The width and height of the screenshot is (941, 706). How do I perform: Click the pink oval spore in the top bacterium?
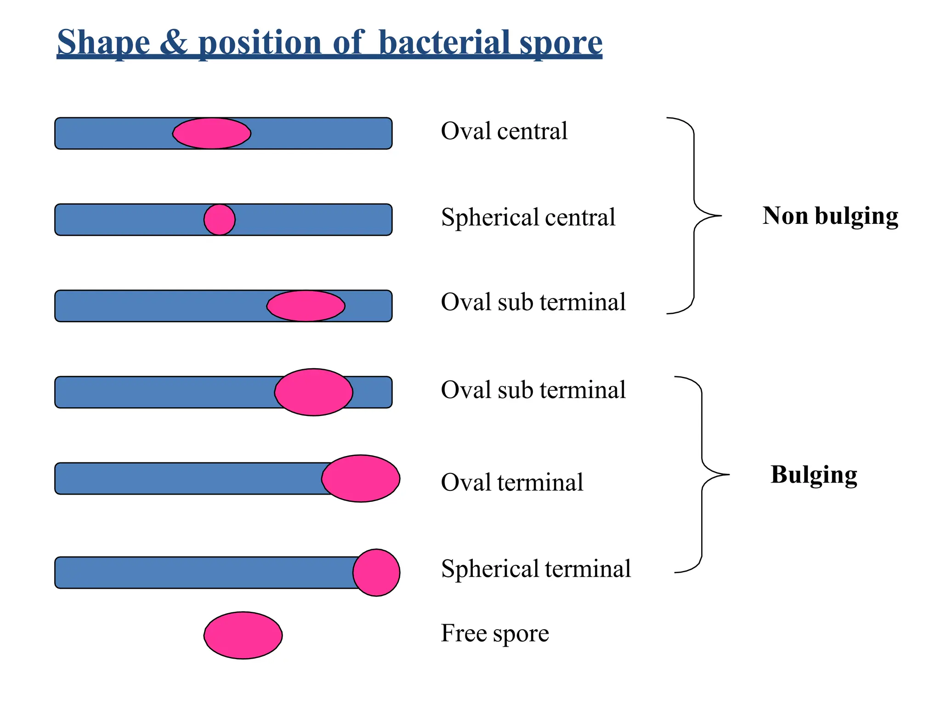point(212,133)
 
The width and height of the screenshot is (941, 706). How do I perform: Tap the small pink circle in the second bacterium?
point(220,220)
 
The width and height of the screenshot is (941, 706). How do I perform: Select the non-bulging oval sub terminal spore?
point(306,306)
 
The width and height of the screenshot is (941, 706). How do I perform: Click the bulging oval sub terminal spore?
point(314,392)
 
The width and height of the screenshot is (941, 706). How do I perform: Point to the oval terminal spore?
point(361,478)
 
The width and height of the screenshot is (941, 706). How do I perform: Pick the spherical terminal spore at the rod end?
point(376,572)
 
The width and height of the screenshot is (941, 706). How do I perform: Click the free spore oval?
point(243,635)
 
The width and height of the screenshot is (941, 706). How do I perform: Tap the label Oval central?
point(504,131)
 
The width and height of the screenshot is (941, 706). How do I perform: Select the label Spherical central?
point(528,217)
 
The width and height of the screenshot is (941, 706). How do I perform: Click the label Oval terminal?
point(512,483)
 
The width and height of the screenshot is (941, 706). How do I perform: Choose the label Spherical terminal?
point(536,569)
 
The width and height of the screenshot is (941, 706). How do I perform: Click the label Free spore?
point(495,633)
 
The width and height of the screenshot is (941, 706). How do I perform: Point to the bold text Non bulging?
point(830,216)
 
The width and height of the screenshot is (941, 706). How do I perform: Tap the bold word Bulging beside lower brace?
point(814,475)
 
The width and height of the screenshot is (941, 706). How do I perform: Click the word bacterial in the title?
point(445,43)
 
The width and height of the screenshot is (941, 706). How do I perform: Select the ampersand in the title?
point(174,43)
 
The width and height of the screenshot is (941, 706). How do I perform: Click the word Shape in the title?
point(103,43)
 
